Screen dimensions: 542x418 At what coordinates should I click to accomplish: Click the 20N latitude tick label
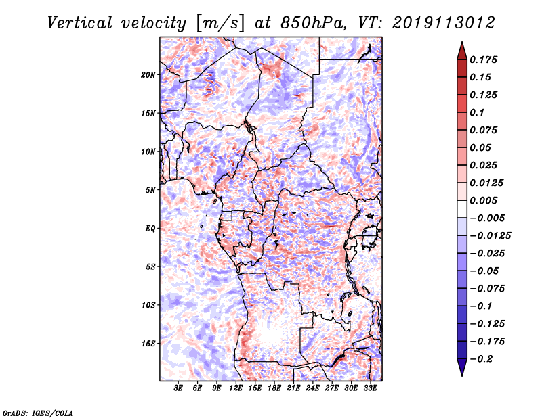point(148,75)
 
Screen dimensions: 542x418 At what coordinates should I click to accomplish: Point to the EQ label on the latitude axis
point(150,229)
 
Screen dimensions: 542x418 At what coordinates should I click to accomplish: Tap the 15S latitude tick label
point(148,344)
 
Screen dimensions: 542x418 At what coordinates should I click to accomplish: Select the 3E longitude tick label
point(178,388)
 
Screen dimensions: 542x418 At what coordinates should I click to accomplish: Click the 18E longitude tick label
point(274,388)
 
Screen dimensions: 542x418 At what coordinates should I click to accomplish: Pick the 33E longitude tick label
point(370,388)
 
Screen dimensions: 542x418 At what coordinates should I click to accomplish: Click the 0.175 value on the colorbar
point(483,60)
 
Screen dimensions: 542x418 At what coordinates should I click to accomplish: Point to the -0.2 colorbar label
point(481,359)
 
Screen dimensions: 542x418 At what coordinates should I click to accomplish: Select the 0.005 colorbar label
point(483,200)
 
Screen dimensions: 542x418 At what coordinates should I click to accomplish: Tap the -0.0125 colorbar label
point(490,236)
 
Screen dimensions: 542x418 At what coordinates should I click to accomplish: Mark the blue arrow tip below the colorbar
point(462,375)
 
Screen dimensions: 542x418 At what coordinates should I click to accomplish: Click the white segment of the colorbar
point(462,209)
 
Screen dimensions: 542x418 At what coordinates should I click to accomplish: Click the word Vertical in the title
point(79,23)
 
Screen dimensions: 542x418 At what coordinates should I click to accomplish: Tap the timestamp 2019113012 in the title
point(444,23)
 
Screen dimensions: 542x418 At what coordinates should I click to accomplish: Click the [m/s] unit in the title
point(220,24)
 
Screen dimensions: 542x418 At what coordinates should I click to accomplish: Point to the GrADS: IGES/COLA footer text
point(38,413)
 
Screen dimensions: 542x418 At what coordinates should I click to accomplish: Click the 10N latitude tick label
point(148,152)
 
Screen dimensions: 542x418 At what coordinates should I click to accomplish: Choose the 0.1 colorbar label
point(477,112)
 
